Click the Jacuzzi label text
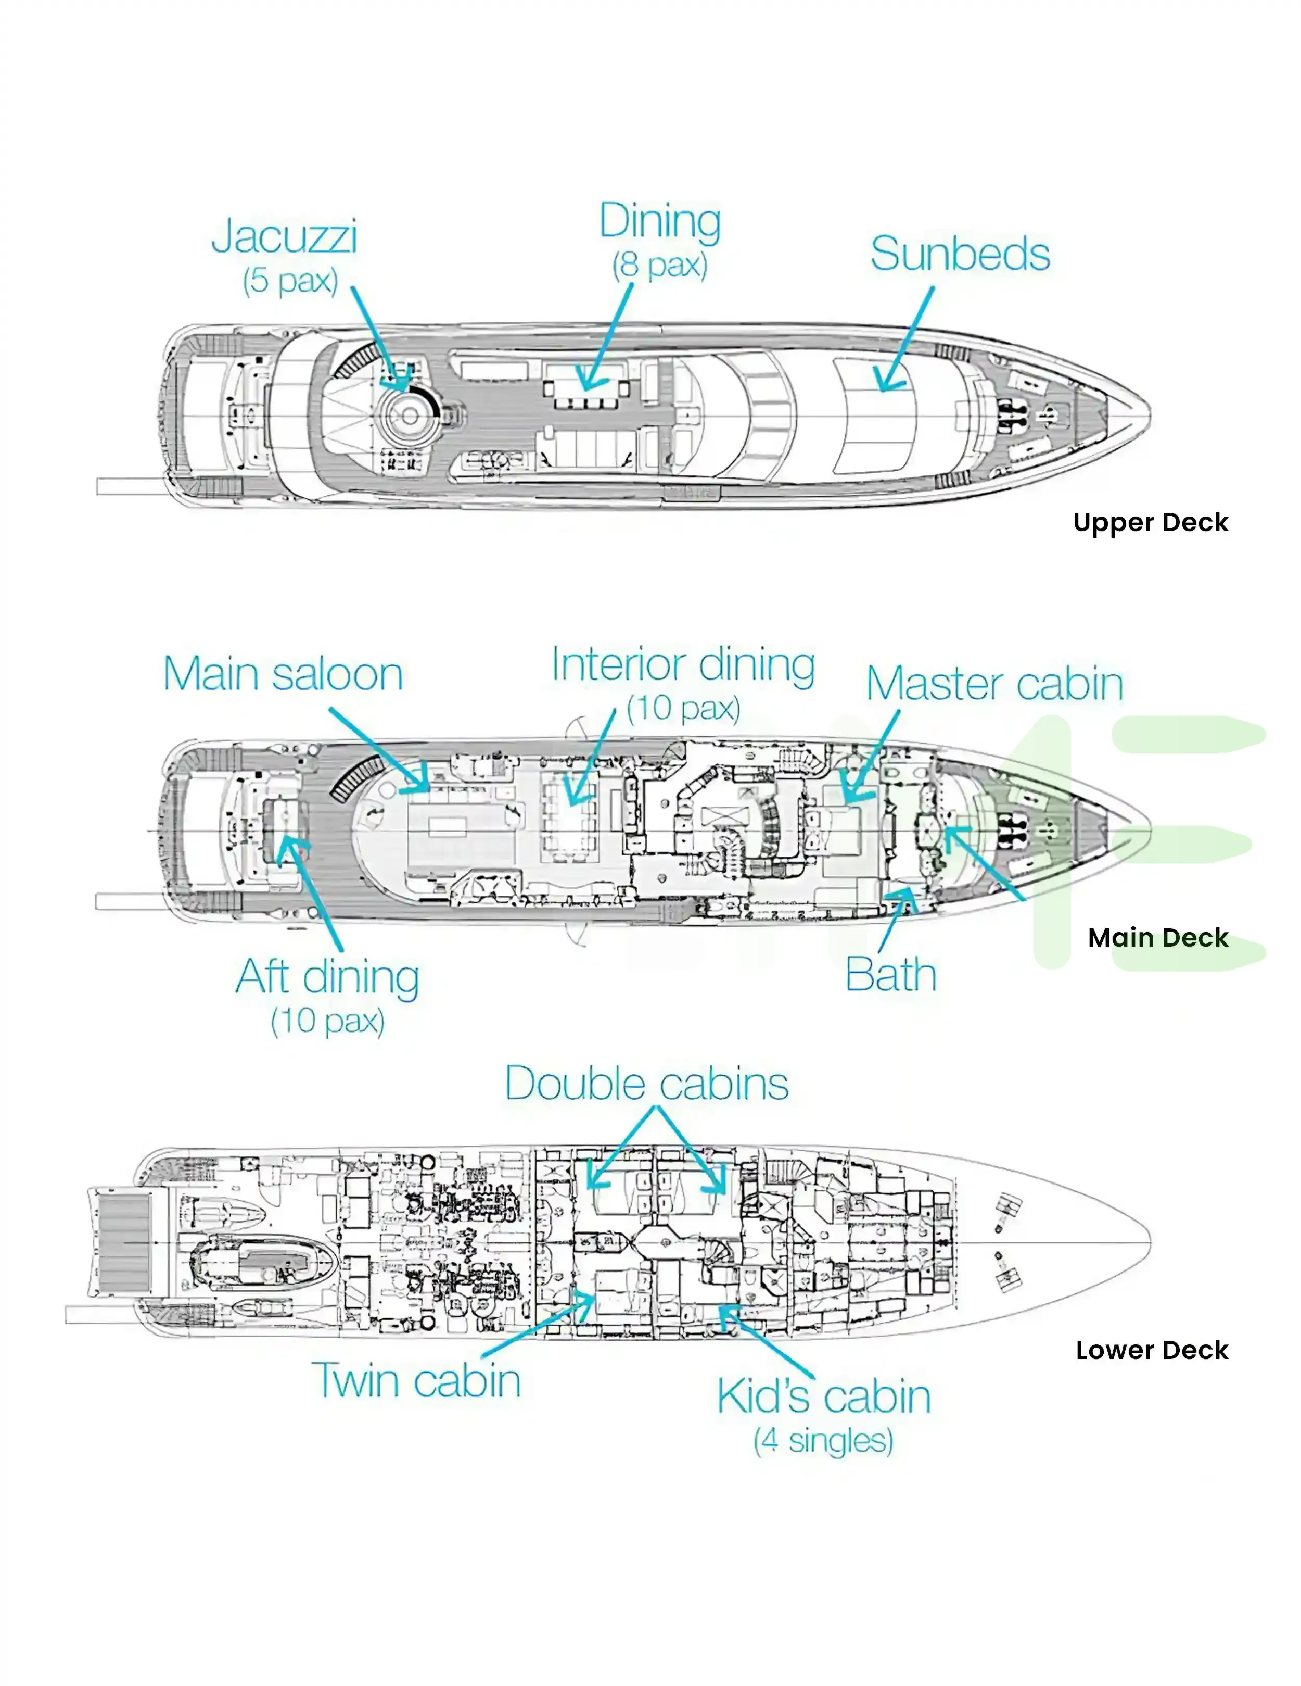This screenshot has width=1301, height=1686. pyautogui.click(x=284, y=236)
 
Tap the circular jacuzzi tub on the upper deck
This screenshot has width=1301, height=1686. pyautogui.click(x=410, y=416)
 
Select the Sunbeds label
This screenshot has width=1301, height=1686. pyautogui.click(x=960, y=254)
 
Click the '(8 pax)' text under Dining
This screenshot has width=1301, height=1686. pyautogui.click(x=660, y=265)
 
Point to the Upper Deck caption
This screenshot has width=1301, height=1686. pyautogui.click(x=1150, y=523)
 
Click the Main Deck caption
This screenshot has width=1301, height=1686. pyautogui.click(x=1157, y=938)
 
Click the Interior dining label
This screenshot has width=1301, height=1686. pyautogui.click(x=683, y=665)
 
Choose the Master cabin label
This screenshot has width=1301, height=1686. pyautogui.click(x=994, y=684)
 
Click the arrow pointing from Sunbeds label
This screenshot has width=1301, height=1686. pyautogui.click(x=904, y=339)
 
